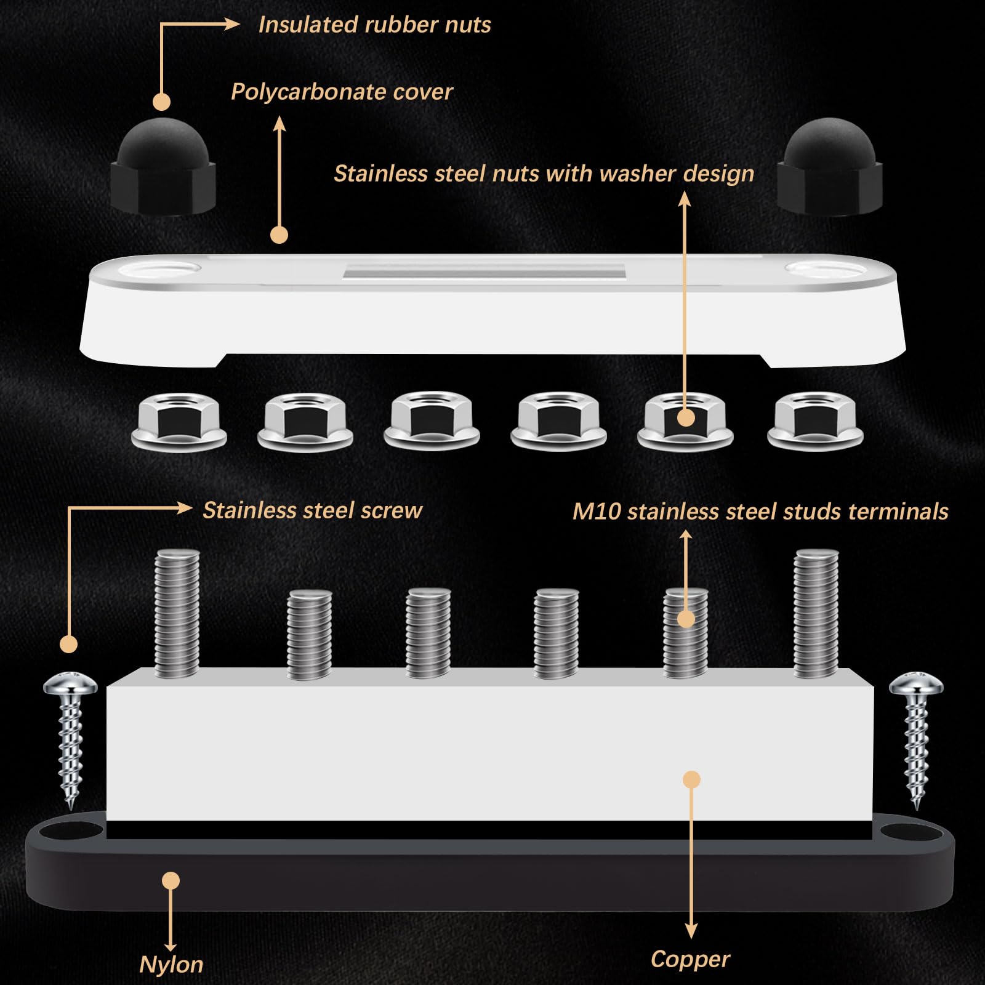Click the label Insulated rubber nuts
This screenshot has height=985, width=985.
[374, 25]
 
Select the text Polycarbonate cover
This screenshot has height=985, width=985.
[341, 92]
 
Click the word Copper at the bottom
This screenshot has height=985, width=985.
[690, 959]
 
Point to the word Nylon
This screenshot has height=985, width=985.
[171, 964]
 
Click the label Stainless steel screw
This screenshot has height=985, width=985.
[312, 510]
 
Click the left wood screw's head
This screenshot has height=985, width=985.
[70, 683]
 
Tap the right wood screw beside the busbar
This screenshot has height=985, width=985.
[916, 739]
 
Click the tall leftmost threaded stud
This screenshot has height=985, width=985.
[177, 613]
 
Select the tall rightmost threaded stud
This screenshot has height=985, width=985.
[816, 613]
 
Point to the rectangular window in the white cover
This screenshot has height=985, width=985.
[484, 271]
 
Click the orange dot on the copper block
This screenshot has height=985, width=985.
[692, 779]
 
